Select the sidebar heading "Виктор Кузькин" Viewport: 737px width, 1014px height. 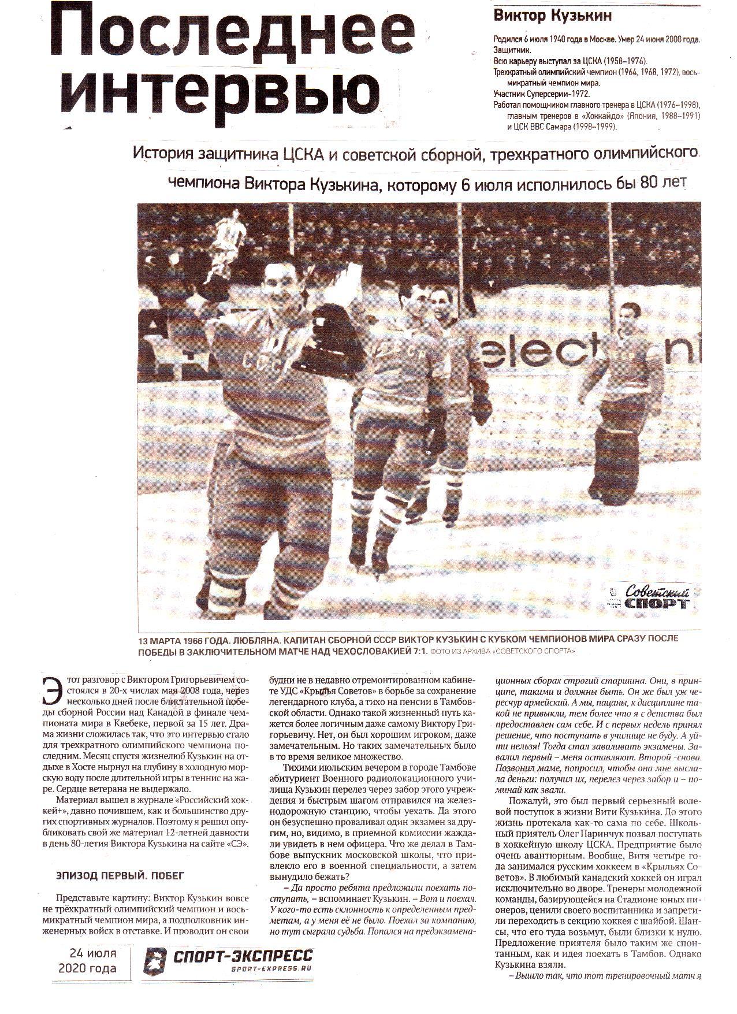[x=552, y=16]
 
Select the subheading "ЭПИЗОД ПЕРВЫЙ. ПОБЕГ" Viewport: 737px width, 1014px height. [x=120, y=875]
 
